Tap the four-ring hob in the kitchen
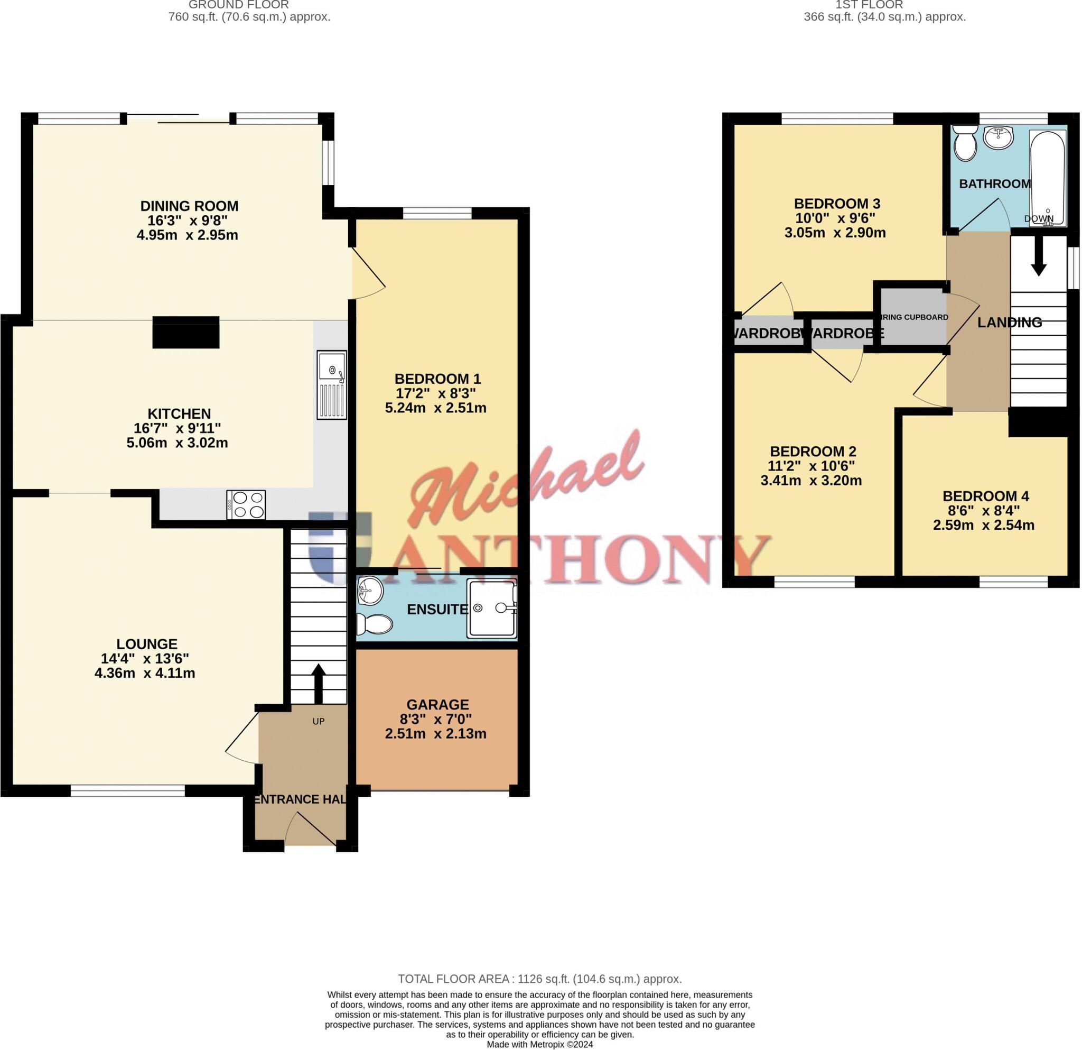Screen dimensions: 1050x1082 [x=246, y=504]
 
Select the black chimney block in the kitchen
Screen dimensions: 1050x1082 [x=185, y=332]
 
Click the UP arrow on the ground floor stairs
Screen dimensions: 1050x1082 [x=318, y=683]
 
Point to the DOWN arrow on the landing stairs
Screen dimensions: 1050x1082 [x=1038, y=262]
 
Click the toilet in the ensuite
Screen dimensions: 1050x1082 [x=374, y=624]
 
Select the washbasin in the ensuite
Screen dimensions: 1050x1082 [x=370, y=591]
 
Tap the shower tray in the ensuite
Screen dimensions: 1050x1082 [x=491, y=607]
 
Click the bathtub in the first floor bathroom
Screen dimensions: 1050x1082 [x=1048, y=178]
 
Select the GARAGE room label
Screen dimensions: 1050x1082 [x=438, y=704]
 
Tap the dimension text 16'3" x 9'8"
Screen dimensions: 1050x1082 [x=188, y=220]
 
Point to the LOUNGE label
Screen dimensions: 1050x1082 [x=147, y=643]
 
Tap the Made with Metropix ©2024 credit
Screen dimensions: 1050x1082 [x=539, y=1044]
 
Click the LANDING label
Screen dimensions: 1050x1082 [x=1009, y=322]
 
